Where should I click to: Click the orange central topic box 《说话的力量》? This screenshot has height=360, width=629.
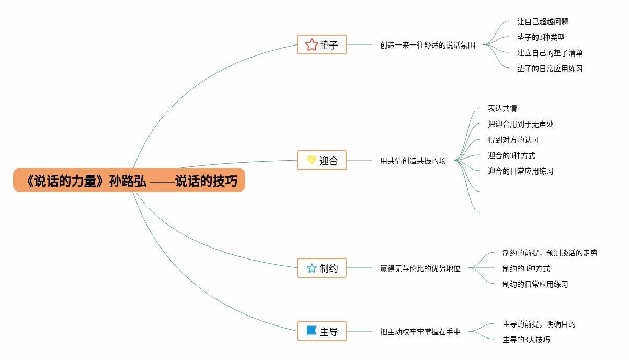(x=129, y=181)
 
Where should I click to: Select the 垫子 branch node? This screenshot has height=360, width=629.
(x=322, y=45)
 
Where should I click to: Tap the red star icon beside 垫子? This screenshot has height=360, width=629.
(x=312, y=45)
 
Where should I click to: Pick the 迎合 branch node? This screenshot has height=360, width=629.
(x=322, y=160)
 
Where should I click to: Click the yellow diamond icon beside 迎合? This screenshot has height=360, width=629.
(x=312, y=160)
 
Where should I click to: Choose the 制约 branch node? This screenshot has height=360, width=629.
(x=322, y=268)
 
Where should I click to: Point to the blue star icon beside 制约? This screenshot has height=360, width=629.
(x=312, y=268)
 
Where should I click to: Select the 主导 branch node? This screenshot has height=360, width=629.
(x=322, y=331)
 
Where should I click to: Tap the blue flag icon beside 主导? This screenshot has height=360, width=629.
(x=312, y=331)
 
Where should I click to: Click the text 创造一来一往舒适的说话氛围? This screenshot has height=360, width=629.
(x=428, y=45)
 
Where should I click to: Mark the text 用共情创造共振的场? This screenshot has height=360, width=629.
(x=413, y=161)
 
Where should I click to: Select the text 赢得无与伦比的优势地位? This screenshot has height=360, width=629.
(x=420, y=269)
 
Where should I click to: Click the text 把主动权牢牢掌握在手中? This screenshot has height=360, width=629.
(x=420, y=332)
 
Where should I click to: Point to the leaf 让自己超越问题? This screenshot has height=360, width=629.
(x=543, y=22)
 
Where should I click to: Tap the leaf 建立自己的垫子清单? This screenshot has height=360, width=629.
(x=550, y=53)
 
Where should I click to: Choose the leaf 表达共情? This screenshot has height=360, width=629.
(x=502, y=109)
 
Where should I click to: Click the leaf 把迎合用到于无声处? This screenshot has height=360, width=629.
(x=521, y=125)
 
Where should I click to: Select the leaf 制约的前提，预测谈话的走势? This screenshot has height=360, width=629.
(x=550, y=253)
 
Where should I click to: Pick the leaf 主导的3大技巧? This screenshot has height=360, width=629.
(x=526, y=340)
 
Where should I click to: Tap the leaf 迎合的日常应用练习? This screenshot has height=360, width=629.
(x=521, y=171)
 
